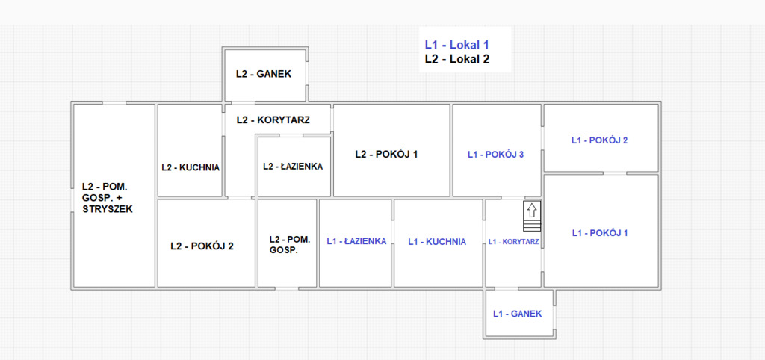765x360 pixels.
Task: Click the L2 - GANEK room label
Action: click(263, 74)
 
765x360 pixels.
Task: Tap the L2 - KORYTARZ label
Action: click(273, 120)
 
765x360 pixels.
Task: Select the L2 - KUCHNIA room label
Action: click(191, 167)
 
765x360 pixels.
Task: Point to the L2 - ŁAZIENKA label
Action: click(293, 167)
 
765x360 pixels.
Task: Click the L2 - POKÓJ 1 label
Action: click(386, 154)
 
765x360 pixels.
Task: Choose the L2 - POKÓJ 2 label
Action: click(202, 245)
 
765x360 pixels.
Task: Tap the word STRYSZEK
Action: click(107, 210)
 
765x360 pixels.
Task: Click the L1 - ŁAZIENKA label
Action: click(356, 241)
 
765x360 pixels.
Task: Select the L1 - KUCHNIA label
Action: click(437, 242)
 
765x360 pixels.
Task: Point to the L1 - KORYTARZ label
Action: click(513, 242)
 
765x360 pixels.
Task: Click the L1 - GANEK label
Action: click(518, 314)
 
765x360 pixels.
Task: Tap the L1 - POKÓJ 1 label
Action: click(599, 233)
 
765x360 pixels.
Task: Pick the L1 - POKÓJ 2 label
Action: click(598, 140)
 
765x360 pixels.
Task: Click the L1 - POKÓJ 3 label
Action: click(495, 155)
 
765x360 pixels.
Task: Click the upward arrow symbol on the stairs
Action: click(531, 210)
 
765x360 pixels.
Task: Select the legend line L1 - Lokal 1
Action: click(456, 45)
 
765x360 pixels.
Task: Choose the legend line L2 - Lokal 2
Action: click(456, 59)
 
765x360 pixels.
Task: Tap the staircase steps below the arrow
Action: click(531, 226)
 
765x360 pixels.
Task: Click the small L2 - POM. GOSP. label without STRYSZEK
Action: click(288, 245)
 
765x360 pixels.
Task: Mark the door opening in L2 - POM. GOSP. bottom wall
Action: click(287, 288)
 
